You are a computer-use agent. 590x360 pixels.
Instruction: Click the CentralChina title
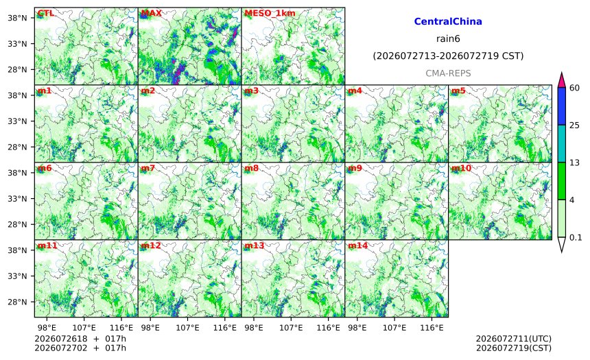pos(448,21)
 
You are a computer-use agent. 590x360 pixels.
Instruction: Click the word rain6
pos(448,39)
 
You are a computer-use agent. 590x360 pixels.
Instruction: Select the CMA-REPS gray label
pos(448,73)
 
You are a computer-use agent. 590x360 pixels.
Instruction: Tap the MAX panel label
pos(151,13)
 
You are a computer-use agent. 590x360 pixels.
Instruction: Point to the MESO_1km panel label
pos(270,13)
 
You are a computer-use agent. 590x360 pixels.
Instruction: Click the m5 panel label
pos(458,91)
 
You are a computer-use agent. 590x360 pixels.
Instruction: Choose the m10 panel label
pos(461,168)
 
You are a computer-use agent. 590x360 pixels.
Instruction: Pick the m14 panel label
pos(357,245)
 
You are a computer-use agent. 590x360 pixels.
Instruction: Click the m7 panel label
pos(148,168)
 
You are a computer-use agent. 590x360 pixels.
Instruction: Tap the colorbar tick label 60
pos(575,88)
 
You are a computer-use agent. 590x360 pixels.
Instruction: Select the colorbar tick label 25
pos(575,125)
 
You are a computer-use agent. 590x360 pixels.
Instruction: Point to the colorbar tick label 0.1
pos(576,237)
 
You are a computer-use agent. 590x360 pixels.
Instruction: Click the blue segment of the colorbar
pos(562,106)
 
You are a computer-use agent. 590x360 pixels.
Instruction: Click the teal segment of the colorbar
pos(562,143)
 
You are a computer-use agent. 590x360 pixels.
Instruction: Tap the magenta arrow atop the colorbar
pos(562,80)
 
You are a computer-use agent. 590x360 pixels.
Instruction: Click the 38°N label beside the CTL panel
pos(17,18)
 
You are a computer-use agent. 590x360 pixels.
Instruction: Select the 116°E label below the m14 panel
pos(432,328)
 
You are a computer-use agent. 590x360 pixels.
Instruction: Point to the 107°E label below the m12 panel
pos(187,328)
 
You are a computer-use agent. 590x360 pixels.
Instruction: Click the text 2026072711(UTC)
pos(514,339)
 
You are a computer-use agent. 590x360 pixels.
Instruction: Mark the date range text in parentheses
pos(448,56)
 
